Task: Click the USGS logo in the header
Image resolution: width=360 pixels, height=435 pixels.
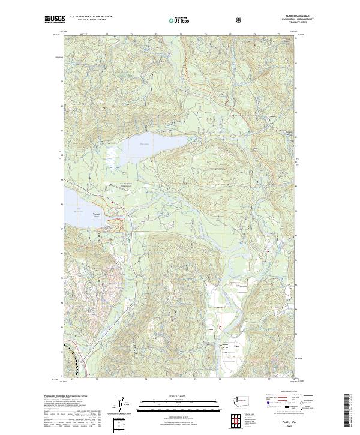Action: coord(55,20)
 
